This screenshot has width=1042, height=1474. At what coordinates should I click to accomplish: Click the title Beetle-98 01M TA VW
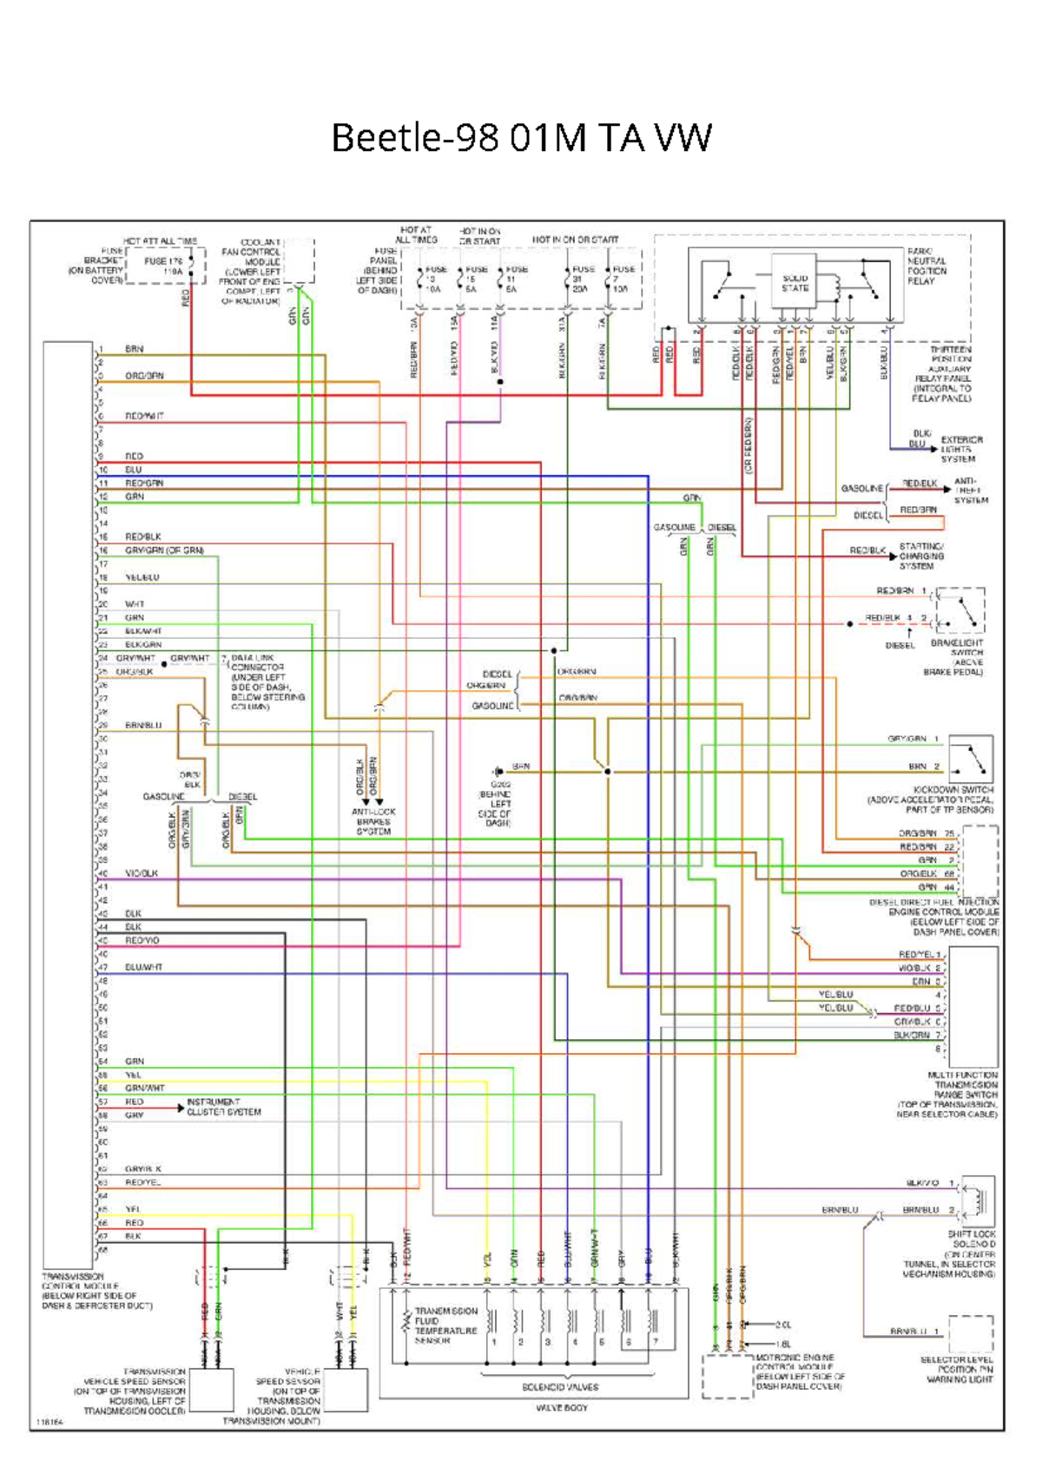(521, 138)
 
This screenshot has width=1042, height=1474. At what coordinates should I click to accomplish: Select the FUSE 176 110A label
(164, 266)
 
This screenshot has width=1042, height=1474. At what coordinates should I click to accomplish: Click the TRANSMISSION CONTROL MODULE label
(96, 1291)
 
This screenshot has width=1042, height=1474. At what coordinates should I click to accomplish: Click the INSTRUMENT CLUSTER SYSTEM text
(223, 1107)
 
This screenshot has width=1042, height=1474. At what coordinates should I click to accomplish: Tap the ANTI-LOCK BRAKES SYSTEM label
(373, 821)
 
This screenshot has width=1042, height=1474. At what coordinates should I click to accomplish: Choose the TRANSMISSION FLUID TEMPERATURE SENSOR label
(445, 1326)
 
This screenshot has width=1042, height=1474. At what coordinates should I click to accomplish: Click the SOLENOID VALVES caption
(560, 1386)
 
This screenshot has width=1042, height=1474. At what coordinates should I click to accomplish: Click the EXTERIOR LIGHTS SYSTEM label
(960, 449)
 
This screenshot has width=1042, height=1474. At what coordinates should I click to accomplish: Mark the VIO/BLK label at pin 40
(141, 873)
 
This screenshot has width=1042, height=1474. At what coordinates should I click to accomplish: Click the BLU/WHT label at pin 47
(143, 967)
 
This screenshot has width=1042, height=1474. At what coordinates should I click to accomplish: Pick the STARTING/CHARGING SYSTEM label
(920, 556)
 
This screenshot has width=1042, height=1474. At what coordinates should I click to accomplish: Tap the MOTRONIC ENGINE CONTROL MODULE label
(799, 1372)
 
